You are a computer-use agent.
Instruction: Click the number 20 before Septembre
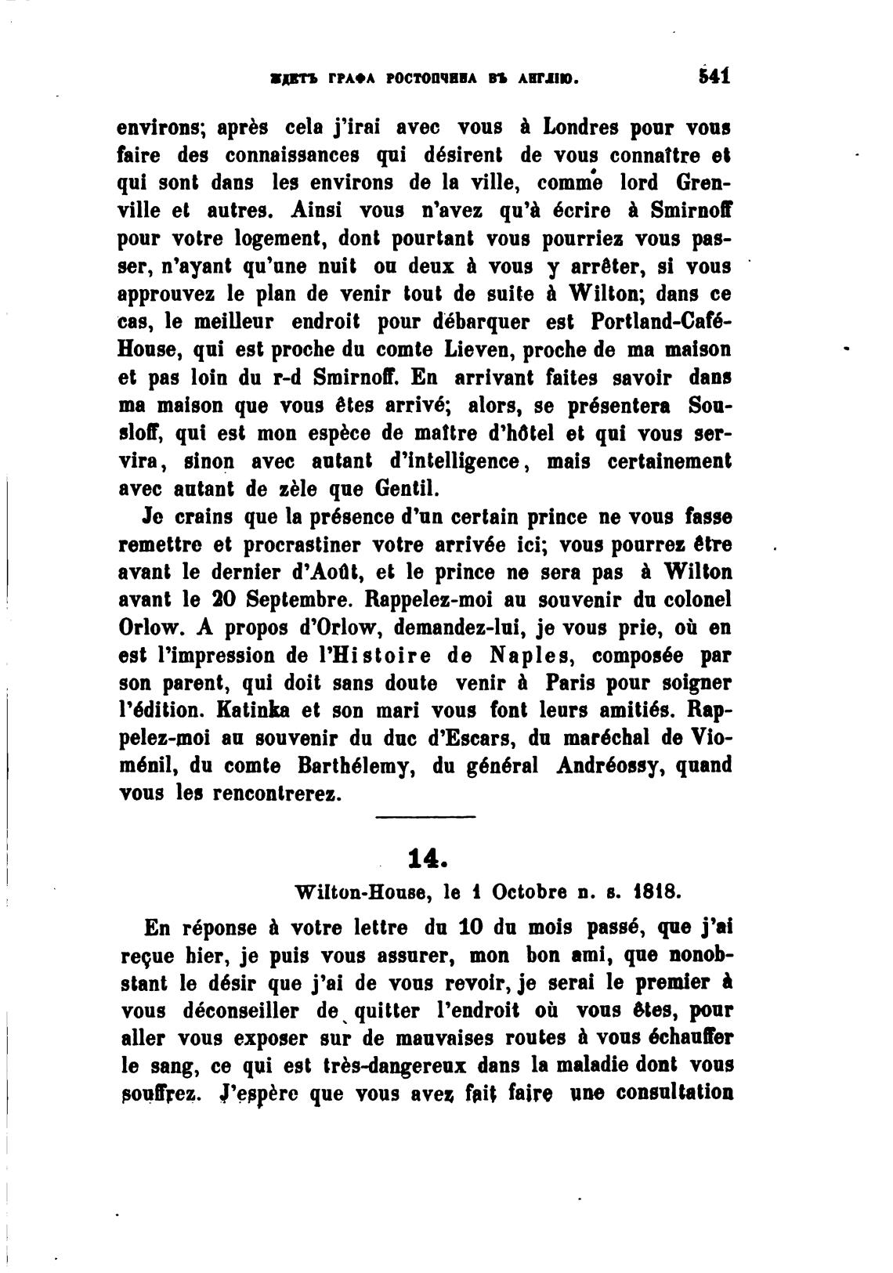[216, 600]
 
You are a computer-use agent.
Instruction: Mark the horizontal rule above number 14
[425, 819]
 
